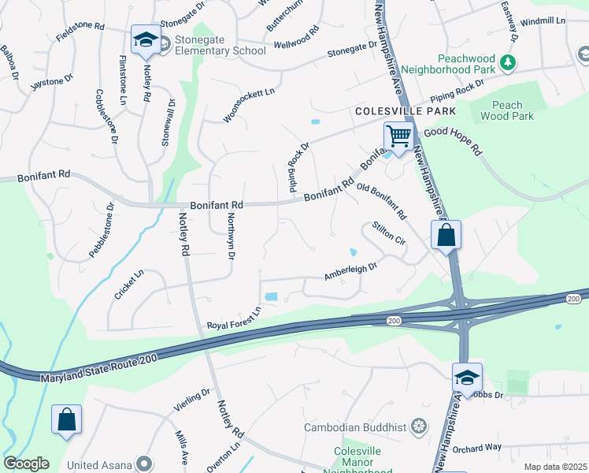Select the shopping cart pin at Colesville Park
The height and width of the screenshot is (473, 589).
coord(399,137)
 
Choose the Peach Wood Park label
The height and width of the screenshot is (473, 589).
coord(512,110)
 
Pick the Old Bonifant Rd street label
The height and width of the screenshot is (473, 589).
coord(381,201)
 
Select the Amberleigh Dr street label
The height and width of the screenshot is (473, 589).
coord(351,272)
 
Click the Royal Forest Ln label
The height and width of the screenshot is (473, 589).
coord(233,321)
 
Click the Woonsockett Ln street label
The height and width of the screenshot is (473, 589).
coord(249,105)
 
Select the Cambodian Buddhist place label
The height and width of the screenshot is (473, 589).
coord(356,427)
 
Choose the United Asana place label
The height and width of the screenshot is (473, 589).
coord(100,464)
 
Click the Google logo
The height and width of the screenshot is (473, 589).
coord(25,464)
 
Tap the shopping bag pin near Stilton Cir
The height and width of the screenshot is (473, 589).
coord(446,236)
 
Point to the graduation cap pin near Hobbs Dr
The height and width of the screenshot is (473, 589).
coord(467,378)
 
